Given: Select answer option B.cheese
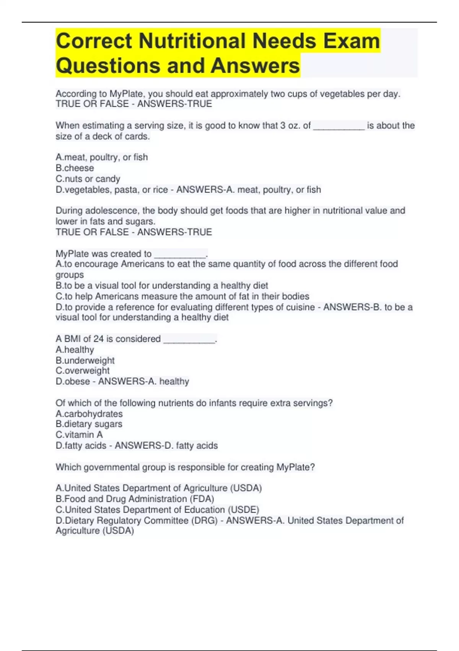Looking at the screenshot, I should point(75,168).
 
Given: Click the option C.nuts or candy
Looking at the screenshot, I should point(88,179).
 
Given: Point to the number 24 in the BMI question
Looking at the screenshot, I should point(98,339).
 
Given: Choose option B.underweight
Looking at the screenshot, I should point(85,360).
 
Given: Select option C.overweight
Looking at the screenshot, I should point(83,371).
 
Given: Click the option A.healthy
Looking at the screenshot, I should point(75,350).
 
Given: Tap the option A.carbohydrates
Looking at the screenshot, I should point(89,414).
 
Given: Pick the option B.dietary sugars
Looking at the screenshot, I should point(89,424).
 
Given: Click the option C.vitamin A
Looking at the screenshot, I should point(79,435).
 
